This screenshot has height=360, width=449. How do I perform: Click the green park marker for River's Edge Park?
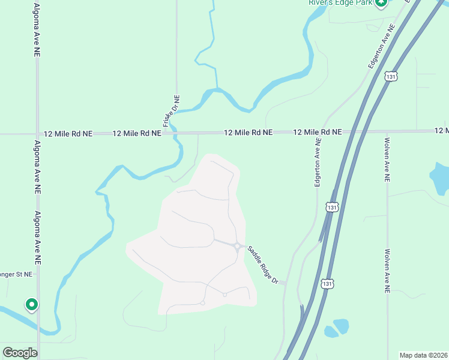381,3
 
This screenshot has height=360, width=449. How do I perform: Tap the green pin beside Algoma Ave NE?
31,305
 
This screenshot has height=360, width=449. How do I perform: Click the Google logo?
20,353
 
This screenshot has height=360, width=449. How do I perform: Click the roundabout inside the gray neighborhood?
238,247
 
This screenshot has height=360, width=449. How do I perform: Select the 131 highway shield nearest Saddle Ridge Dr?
327,283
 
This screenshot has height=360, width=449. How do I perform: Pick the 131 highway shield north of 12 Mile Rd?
391,76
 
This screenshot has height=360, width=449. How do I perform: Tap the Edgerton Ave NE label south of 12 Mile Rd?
318,163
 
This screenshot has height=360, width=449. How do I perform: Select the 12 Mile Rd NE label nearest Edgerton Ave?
317,131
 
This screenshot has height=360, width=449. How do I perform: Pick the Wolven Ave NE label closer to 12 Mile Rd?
388,159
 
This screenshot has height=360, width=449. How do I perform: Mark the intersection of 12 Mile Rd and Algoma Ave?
37,134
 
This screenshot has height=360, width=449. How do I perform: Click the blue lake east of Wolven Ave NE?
439,179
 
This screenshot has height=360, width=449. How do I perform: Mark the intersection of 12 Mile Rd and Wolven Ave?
387,131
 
